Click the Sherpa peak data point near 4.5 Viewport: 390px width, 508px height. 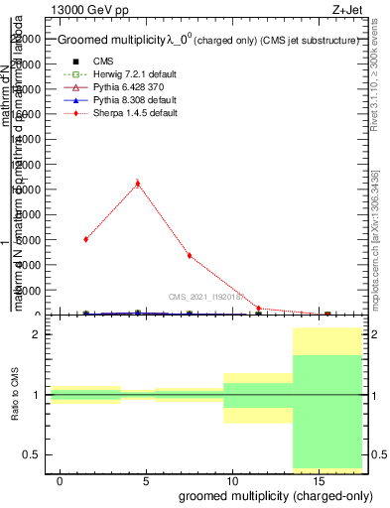137,183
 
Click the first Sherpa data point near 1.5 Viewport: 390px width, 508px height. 86,239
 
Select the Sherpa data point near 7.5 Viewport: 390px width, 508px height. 189,256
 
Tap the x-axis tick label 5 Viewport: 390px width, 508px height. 146,479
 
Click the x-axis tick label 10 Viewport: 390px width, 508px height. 231,479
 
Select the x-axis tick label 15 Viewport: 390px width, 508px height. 318,479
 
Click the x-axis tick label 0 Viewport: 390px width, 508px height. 61,479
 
